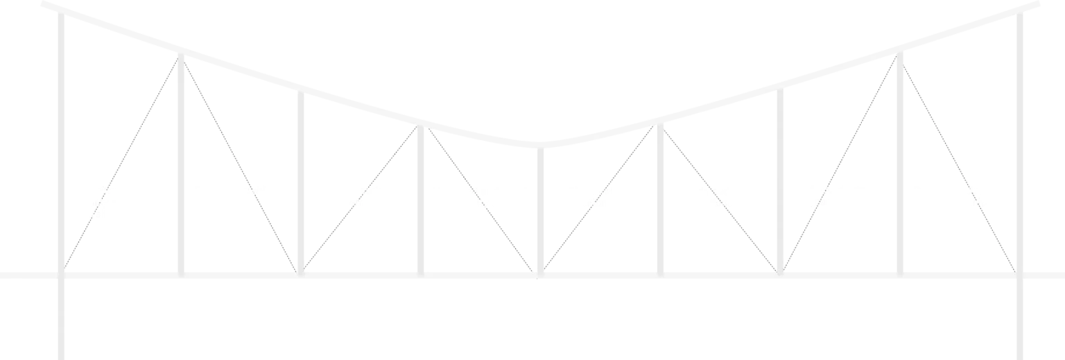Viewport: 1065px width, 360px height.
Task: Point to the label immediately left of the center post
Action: pyautogui.click(x=478, y=201)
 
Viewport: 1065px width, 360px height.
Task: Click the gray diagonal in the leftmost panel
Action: pyautogui.click(x=121, y=163)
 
